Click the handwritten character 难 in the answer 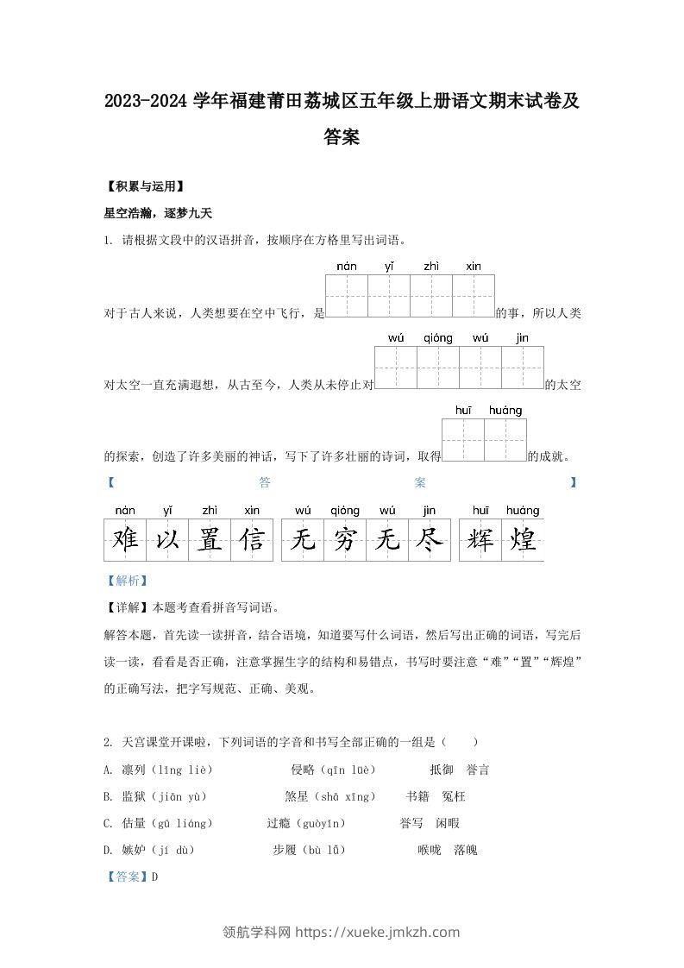tap(126, 540)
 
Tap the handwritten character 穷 tap(345, 540)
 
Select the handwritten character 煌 tap(523, 540)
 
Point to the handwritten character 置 tap(210, 540)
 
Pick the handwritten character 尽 tap(429, 540)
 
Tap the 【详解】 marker tap(127, 607)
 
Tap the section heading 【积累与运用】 tap(143, 185)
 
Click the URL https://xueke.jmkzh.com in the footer tap(389, 932)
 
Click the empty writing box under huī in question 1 tap(463, 440)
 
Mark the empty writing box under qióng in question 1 tap(438, 368)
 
